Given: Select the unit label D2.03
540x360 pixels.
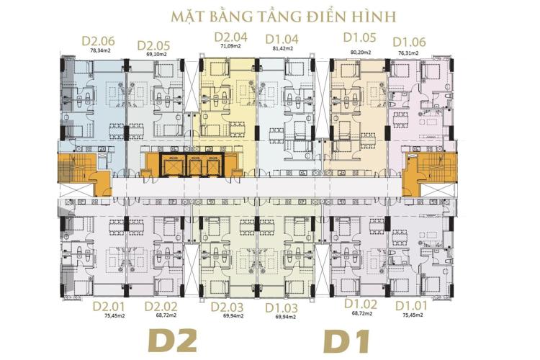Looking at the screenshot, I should [x=228, y=307].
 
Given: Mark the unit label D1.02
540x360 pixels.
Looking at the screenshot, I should [x=361, y=305].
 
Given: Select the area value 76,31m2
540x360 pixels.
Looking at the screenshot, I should [x=408, y=52].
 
